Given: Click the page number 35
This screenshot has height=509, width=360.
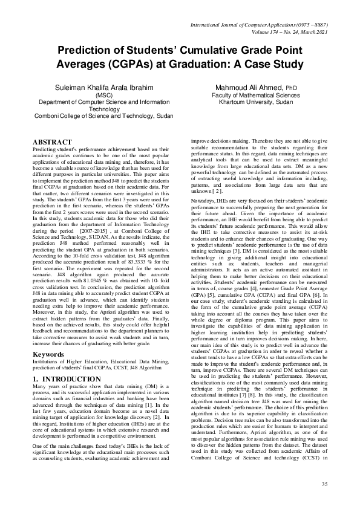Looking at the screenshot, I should [x=324, y=484].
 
